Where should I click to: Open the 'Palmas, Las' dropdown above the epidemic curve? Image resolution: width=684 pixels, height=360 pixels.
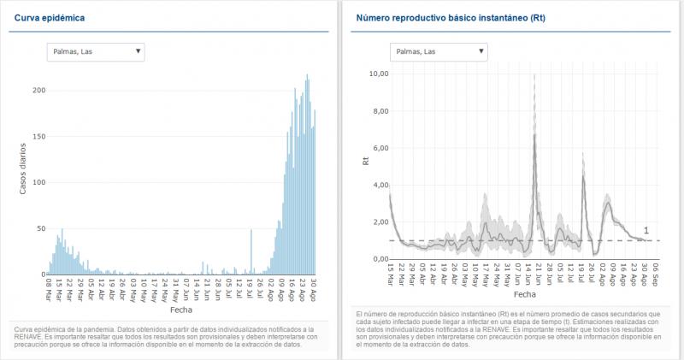(96, 52)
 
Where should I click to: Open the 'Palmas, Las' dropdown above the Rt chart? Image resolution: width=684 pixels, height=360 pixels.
(438, 52)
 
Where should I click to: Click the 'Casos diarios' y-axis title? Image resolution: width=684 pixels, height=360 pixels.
(24, 167)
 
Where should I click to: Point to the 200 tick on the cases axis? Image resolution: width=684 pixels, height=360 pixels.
(38, 90)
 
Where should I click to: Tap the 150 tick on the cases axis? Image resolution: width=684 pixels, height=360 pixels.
(38, 136)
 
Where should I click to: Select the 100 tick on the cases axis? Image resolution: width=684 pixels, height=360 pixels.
(38, 182)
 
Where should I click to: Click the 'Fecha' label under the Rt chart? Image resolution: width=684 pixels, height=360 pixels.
(524, 293)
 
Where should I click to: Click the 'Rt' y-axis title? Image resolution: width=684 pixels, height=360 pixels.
(365, 159)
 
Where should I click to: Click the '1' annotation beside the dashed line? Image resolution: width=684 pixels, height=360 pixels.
(646, 230)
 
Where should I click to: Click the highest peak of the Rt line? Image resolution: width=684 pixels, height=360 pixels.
(534, 134)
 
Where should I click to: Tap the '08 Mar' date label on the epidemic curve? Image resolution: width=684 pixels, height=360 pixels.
(48, 287)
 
